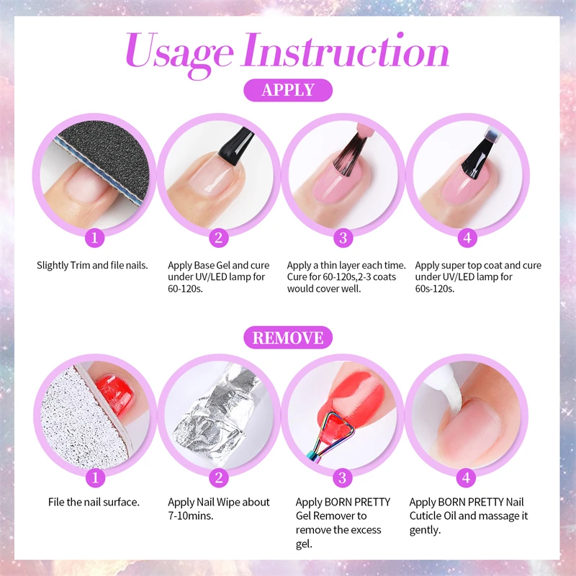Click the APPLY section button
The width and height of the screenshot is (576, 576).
click(x=288, y=90)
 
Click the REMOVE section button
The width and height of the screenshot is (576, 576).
click(x=288, y=337)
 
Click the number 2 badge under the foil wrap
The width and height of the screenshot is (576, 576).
click(x=220, y=477)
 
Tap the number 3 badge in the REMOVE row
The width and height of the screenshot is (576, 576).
click(x=343, y=477)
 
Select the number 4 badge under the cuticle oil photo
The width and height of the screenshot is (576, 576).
click(x=467, y=477)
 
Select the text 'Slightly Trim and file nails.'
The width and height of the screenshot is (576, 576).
click(x=92, y=266)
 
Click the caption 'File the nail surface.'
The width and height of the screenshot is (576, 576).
click(x=94, y=502)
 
